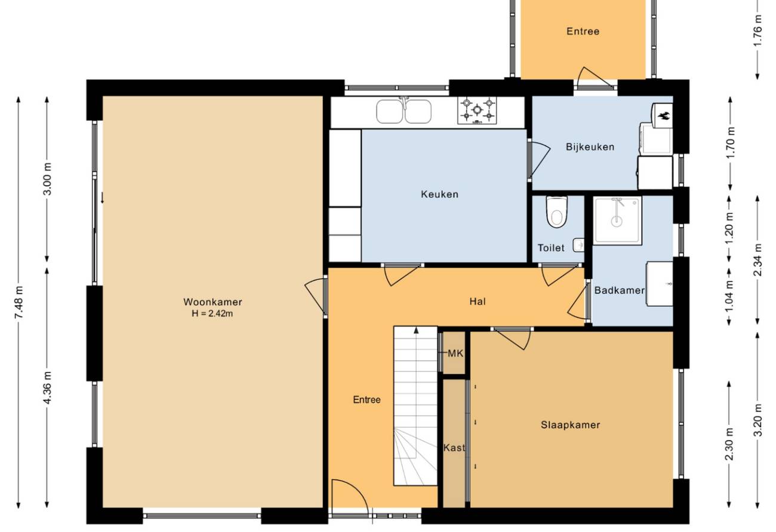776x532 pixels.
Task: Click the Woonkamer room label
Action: click(x=213, y=302)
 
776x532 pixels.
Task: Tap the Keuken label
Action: click(x=439, y=194)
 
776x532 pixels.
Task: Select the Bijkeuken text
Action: click(x=590, y=147)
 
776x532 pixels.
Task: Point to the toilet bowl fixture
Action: click(x=557, y=212)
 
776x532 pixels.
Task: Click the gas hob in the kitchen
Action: click(x=477, y=110)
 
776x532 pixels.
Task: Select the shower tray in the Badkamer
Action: click(x=617, y=221)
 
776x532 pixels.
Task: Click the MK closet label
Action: click(x=455, y=354)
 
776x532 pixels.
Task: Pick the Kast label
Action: click(x=454, y=448)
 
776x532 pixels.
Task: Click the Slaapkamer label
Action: click(x=571, y=425)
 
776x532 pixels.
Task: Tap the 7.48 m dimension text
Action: click(x=19, y=302)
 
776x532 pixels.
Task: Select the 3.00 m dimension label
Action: click(x=48, y=179)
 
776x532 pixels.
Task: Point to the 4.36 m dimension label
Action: click(x=48, y=388)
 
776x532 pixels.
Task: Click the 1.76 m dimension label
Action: click(x=758, y=30)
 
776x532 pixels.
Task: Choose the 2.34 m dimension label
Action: click(x=758, y=260)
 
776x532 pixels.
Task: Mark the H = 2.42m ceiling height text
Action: click(x=213, y=313)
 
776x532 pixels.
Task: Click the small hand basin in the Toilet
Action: click(x=578, y=245)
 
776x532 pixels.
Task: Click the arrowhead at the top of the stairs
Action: click(x=416, y=330)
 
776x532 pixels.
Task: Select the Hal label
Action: click(x=478, y=301)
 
